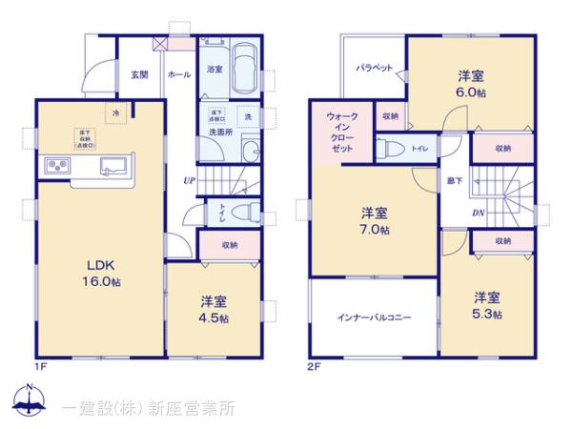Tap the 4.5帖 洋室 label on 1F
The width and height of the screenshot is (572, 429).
pyautogui.click(x=214, y=309)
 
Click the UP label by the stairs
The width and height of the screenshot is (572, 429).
pyautogui.click(x=190, y=180)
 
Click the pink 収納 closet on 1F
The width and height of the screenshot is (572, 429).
pyautogui.click(x=229, y=244)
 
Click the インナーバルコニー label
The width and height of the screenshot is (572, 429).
pyautogui.click(x=373, y=317)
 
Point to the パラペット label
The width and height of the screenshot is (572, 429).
pyautogui.click(x=376, y=69)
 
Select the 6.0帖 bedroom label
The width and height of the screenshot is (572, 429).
pyautogui.click(x=468, y=85)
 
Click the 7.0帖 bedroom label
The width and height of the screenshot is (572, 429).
pyautogui.click(x=375, y=221)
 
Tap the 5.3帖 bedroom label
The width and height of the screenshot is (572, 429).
pyautogui.click(x=488, y=305)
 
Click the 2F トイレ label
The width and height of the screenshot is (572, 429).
pyautogui.click(x=419, y=150)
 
